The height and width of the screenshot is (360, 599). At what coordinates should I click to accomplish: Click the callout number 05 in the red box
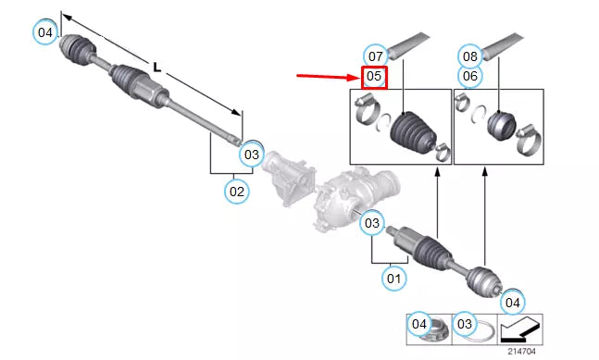coord(374,76)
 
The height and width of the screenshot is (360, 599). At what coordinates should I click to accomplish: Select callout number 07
coord(374,54)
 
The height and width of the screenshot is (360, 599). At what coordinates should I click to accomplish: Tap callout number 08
coord(470,55)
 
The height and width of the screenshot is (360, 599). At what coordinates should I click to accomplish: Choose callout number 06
coord(470,76)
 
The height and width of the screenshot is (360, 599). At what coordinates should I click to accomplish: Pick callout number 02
coord(236,192)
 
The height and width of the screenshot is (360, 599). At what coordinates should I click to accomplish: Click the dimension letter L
coord(156,67)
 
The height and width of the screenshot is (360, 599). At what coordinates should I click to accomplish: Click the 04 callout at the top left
coord(44,32)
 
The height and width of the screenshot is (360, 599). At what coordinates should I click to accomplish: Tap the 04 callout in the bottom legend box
coord(420,324)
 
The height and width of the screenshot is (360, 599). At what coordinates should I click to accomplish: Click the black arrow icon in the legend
coord(519,327)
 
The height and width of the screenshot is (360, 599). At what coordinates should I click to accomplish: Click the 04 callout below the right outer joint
coord(513,301)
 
